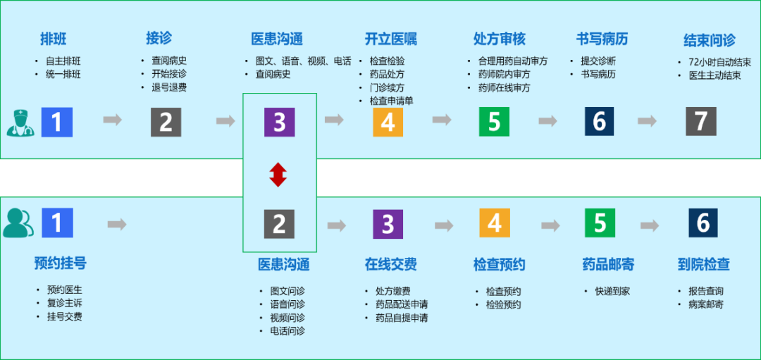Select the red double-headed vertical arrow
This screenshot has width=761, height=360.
(278, 174)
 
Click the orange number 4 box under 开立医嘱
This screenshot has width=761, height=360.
(388, 122)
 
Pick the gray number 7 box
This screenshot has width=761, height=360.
(700, 121)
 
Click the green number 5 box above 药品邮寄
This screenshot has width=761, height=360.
(600, 223)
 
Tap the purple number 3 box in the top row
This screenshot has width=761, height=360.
(279, 122)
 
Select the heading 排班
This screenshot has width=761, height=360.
(54, 38)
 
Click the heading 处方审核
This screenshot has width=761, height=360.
(500, 38)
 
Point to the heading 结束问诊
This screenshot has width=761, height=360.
(709, 39)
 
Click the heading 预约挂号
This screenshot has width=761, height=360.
(60, 263)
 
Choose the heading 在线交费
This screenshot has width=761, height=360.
(390, 264)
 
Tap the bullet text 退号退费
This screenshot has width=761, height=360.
(169, 87)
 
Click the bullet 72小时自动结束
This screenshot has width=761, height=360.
(719, 62)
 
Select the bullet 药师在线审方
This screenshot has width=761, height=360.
(504, 88)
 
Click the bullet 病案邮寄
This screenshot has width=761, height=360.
(705, 304)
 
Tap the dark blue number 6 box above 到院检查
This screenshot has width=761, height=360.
(703, 223)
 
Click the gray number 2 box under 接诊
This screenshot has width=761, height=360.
(166, 122)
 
